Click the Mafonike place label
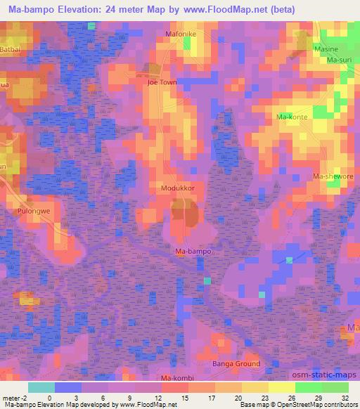point(182,32)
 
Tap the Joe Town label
point(162,82)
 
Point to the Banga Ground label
point(236,364)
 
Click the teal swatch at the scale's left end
point(41,387)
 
